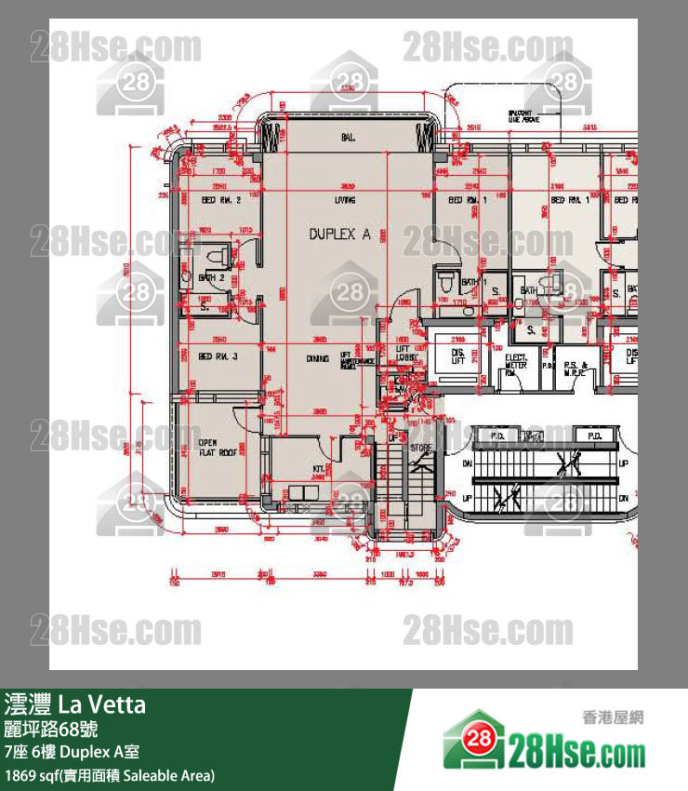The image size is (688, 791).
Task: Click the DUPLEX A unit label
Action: [x=339, y=235]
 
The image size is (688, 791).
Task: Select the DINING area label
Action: [x=344, y=357]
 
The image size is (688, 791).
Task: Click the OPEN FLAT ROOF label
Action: [x=215, y=448]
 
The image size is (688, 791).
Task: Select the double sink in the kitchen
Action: [x=303, y=492]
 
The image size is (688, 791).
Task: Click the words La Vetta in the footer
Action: [x=102, y=704]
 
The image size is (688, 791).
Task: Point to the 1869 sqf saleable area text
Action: [x=110, y=774]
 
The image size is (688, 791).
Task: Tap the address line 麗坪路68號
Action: [x=50, y=728]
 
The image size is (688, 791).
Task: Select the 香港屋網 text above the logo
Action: [x=612, y=717]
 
